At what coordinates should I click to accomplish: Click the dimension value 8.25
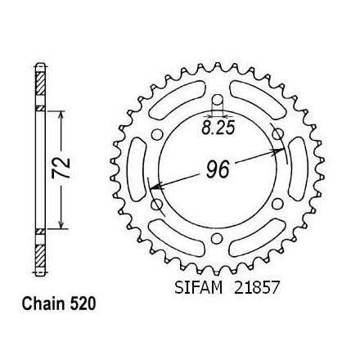pos(218,128)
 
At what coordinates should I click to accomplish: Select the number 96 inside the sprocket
pos(218,169)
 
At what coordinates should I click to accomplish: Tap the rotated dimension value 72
pos(61,168)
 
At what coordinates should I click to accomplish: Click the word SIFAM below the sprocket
pos(198,287)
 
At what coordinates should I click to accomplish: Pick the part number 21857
pos(257,287)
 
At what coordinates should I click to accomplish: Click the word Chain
pos(44,304)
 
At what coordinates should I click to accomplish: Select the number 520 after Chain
pos(83,304)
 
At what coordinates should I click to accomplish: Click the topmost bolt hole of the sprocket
pos(218,100)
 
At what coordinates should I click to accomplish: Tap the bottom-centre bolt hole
pos(217,238)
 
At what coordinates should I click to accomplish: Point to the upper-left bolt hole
pos(156,135)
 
